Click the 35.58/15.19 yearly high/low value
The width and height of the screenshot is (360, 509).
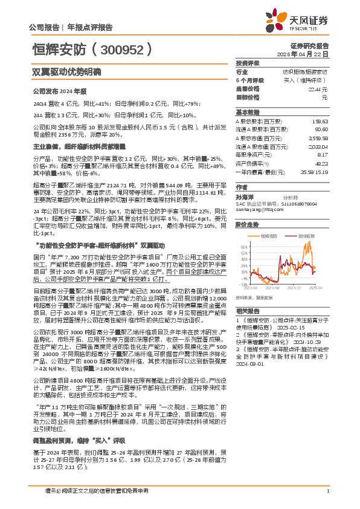314,171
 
